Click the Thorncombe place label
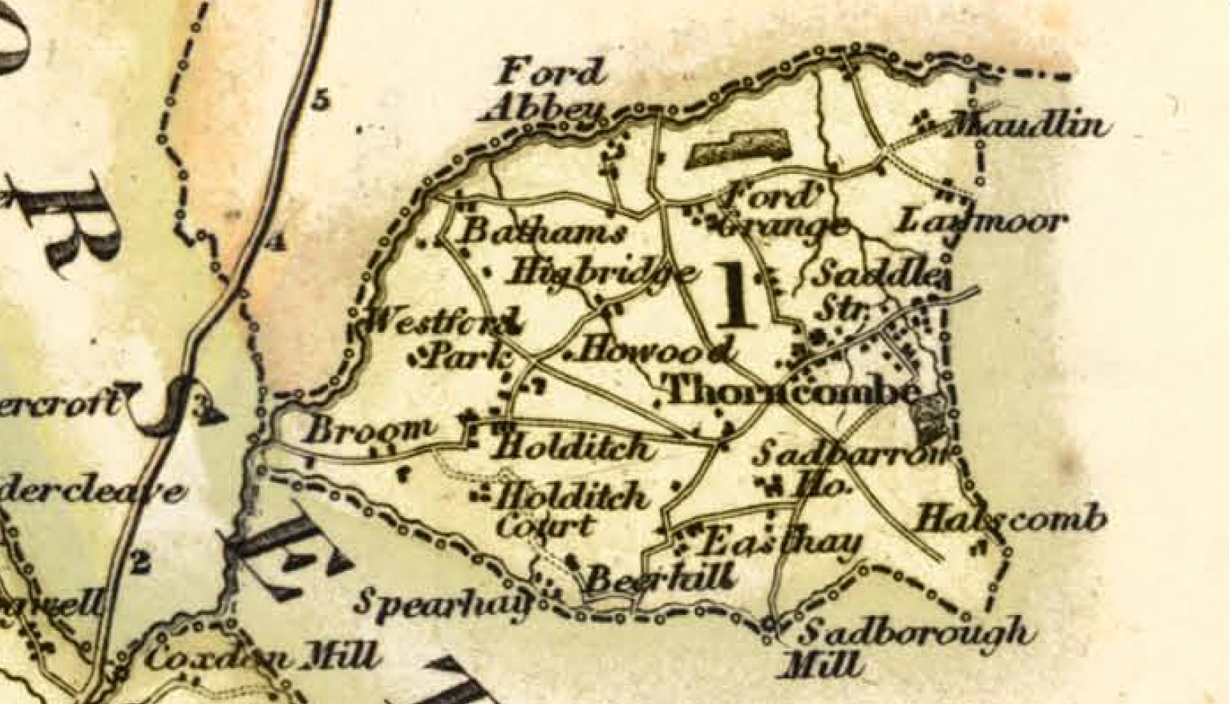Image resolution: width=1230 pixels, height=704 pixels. [792, 392]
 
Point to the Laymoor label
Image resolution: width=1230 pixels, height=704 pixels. [981, 221]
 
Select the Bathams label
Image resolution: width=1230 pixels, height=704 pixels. [544, 233]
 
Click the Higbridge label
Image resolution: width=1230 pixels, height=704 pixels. [601, 273]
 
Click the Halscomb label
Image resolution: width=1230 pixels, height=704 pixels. [1011, 519]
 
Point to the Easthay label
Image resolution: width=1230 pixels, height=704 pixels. [779, 544]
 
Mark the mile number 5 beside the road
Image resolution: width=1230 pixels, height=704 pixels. [322, 102]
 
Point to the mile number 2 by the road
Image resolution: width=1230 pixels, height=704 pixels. [140, 563]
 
